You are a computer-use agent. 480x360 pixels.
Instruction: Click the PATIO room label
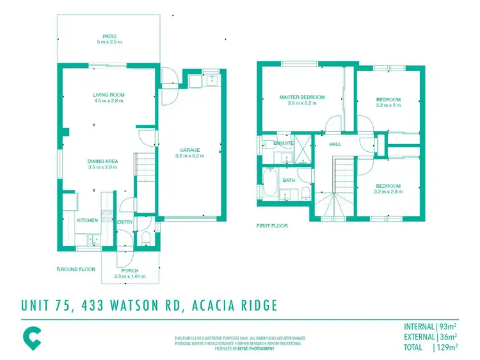point(108,37)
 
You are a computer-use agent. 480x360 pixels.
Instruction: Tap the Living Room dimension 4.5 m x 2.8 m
point(108,101)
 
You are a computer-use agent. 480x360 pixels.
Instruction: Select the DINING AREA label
point(104,161)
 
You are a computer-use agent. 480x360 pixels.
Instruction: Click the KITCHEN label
point(88,220)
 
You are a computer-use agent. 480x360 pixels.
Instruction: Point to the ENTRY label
point(124,222)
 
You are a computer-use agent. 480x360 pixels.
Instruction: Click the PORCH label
point(130,271)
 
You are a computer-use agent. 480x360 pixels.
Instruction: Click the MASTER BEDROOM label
point(302,97)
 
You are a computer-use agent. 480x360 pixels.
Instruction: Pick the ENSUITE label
point(284,143)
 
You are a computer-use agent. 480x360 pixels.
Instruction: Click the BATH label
point(289,180)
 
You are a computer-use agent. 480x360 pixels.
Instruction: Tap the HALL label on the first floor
point(335,144)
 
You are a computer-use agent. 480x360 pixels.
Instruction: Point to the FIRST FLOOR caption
point(272,225)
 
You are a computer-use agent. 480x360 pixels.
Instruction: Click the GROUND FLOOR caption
point(76,269)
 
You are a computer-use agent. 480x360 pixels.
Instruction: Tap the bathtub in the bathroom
point(269,184)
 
